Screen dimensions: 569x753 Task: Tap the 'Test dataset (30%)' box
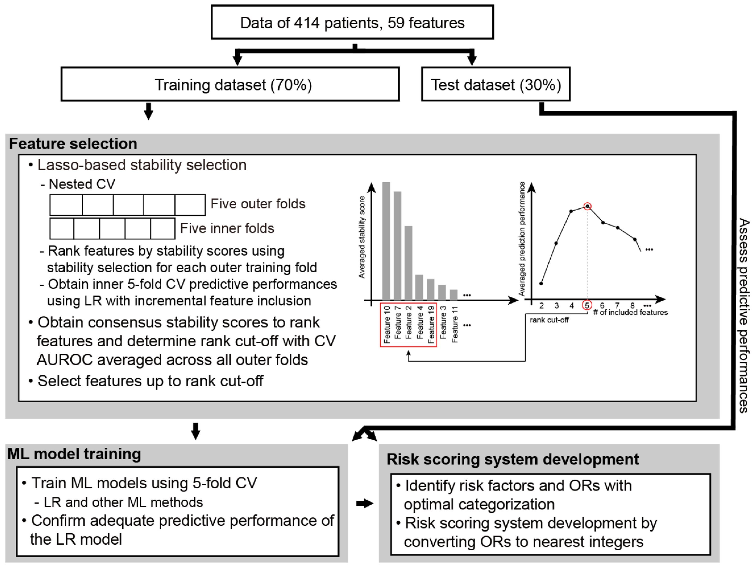pyautogui.click(x=496, y=84)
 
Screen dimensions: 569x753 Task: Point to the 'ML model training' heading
pyautogui.click(x=74, y=454)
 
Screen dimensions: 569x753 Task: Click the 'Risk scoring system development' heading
pyautogui.click(x=512, y=459)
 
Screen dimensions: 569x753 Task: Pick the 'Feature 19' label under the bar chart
pyautogui.click(x=431, y=324)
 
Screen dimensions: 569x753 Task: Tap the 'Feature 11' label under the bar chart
pyautogui.click(x=454, y=324)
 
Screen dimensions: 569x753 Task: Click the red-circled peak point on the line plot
pyautogui.click(x=587, y=206)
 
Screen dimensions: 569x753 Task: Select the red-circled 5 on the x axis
pyautogui.click(x=587, y=305)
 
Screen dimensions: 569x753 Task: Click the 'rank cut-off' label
pyautogui.click(x=549, y=320)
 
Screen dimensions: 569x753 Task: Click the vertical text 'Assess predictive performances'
pyautogui.click(x=744, y=315)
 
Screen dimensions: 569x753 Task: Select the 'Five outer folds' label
pyautogui.click(x=258, y=204)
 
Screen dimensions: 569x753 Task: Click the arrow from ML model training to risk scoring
pyautogui.click(x=365, y=503)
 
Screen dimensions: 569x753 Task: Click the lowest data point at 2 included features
pyautogui.click(x=541, y=283)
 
